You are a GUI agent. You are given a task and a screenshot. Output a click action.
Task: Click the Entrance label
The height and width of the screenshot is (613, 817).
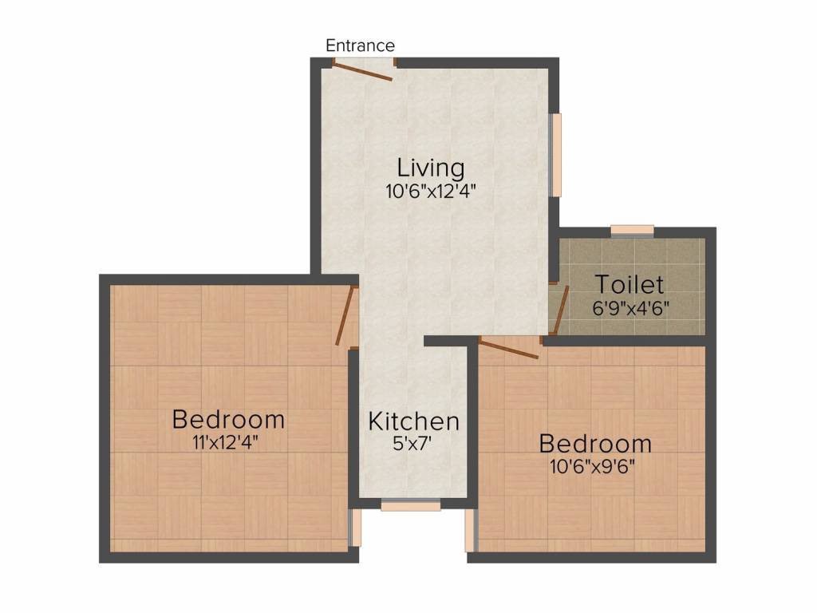360,45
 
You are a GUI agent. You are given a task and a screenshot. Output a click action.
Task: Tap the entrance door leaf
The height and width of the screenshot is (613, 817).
362,72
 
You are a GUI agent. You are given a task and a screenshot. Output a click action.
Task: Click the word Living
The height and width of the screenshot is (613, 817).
431,168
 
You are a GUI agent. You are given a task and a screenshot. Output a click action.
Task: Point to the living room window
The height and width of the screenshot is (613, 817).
556,154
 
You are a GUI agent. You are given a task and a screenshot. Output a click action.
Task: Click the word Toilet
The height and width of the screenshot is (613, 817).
630,284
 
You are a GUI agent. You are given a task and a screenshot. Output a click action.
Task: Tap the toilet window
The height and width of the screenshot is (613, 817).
632,231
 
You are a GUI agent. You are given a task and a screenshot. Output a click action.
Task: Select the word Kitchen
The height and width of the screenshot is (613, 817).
413,421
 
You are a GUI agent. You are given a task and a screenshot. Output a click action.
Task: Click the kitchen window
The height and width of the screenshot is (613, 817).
410,504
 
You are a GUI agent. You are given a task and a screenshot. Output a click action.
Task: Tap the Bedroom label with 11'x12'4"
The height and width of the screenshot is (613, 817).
228,418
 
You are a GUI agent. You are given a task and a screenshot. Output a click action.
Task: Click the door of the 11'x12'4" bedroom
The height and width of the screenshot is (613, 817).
345,316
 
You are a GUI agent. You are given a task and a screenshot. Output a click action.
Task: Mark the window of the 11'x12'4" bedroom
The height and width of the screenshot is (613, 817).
356,528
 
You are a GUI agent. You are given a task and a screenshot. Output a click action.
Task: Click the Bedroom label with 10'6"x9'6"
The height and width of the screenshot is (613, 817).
595,443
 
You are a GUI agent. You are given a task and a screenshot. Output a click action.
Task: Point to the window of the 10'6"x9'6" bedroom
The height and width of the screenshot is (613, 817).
471,528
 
